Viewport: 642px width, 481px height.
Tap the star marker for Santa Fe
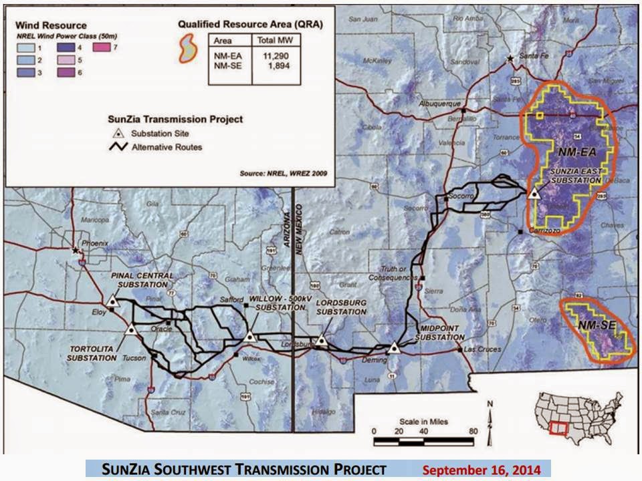tap(511, 59)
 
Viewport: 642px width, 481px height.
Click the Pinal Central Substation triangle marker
tap(113, 301)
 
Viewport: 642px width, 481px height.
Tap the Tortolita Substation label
tap(92, 353)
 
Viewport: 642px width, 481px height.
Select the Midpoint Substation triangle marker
tap(395, 347)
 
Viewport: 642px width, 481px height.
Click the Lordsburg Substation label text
tap(341, 307)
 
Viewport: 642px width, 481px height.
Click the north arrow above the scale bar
tap(490, 414)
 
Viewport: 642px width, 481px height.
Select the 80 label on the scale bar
tap(473, 431)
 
